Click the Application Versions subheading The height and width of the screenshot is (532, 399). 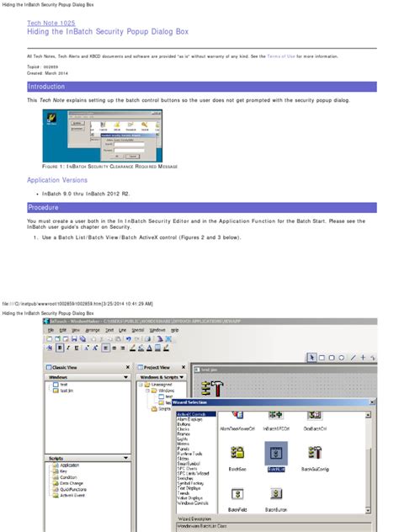(x=56, y=180)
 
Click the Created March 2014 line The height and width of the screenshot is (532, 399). (x=46, y=73)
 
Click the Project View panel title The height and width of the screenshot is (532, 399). (x=157, y=368)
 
